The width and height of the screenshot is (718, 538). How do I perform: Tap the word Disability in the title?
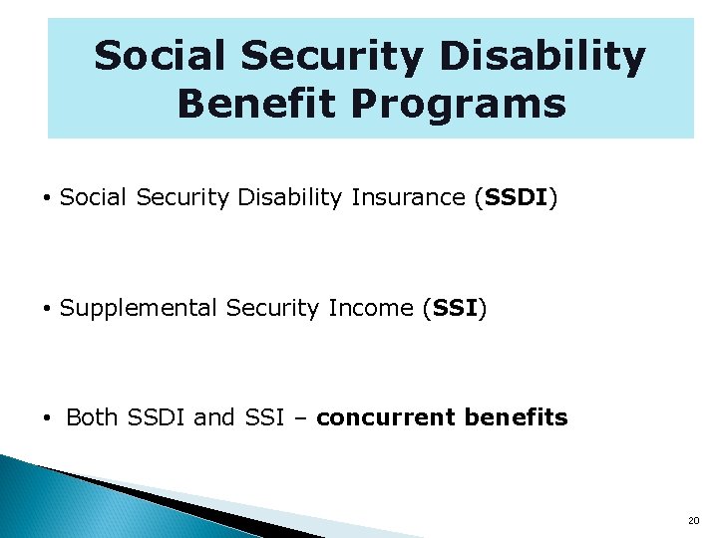tap(542, 57)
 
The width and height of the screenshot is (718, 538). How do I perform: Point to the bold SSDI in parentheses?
tap(515, 198)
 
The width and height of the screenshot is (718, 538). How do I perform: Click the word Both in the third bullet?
tap(92, 418)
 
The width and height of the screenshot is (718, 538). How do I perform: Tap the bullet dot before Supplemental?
tap(47, 310)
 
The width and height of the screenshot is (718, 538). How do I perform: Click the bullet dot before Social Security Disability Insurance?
tap(47, 199)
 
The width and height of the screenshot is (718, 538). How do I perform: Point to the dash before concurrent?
tap(302, 418)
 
